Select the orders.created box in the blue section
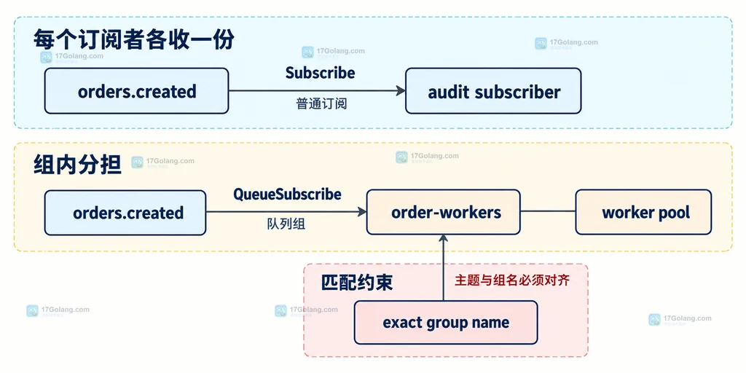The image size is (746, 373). click(x=136, y=91)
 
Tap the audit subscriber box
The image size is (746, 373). click(x=493, y=91)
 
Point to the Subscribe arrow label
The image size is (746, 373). click(x=321, y=73)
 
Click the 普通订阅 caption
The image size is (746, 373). click(x=321, y=103)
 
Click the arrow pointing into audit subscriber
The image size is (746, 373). click(x=317, y=91)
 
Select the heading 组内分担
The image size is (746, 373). click(x=77, y=165)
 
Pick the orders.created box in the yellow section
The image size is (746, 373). click(x=125, y=213)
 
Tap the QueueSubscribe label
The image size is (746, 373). click(x=287, y=194)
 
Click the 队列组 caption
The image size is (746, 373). click(x=286, y=224)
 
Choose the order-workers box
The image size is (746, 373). click(x=444, y=212)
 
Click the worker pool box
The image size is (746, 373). click(x=644, y=212)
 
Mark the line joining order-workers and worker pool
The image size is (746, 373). click(x=548, y=211)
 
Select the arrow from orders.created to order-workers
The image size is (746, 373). click(x=286, y=212)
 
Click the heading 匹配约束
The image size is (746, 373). click(x=357, y=283)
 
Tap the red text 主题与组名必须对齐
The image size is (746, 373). click(x=512, y=280)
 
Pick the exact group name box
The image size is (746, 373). click(x=446, y=323)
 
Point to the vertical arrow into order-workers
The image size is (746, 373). click(x=444, y=267)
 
